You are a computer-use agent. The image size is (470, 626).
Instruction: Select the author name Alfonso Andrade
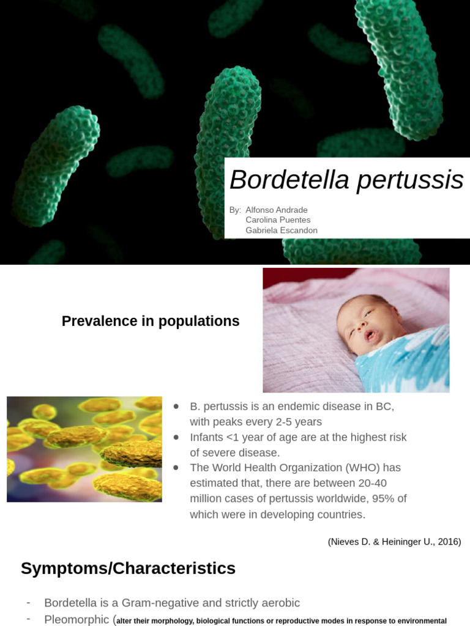click(x=277, y=210)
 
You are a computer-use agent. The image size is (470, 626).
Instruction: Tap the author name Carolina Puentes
click(x=278, y=220)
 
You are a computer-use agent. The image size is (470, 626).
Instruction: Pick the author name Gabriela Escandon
click(x=282, y=230)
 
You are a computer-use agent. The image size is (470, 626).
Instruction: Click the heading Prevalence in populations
click(x=151, y=321)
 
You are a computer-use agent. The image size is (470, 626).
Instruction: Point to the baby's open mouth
click(x=371, y=335)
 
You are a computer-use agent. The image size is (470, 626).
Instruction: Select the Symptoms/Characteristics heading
click(x=128, y=569)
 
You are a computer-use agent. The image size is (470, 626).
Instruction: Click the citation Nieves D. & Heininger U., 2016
click(x=394, y=542)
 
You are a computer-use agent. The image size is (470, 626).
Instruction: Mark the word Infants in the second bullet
click(x=206, y=437)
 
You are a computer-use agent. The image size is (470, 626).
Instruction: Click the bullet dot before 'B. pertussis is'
click(x=177, y=407)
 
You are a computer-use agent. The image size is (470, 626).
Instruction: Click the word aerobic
click(x=280, y=603)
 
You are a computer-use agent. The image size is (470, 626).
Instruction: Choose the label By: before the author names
click(x=235, y=210)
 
